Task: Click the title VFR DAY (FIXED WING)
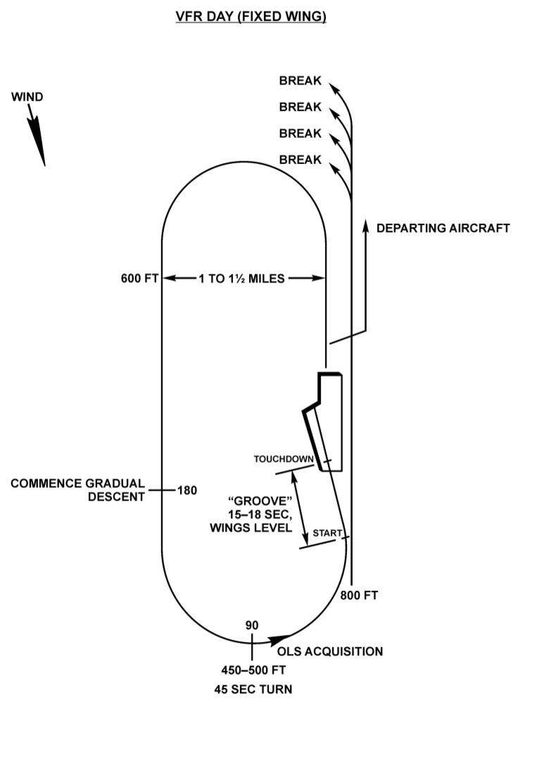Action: (x=251, y=17)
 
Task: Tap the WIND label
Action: (x=27, y=97)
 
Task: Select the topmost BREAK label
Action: (x=300, y=81)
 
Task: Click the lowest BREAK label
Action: (x=300, y=160)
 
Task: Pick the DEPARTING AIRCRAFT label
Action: (x=443, y=228)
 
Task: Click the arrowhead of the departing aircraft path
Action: (x=366, y=225)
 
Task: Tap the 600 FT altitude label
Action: (x=141, y=278)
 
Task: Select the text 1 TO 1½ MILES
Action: (x=241, y=278)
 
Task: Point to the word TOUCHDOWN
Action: (x=284, y=460)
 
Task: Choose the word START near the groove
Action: (x=327, y=533)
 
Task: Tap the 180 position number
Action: (x=187, y=491)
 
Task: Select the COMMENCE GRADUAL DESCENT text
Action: (x=77, y=490)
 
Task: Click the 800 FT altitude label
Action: (x=359, y=596)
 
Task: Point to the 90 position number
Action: (x=252, y=625)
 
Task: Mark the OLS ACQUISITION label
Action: (x=330, y=651)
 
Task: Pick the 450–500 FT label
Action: (x=253, y=669)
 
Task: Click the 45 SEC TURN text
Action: (x=253, y=689)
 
